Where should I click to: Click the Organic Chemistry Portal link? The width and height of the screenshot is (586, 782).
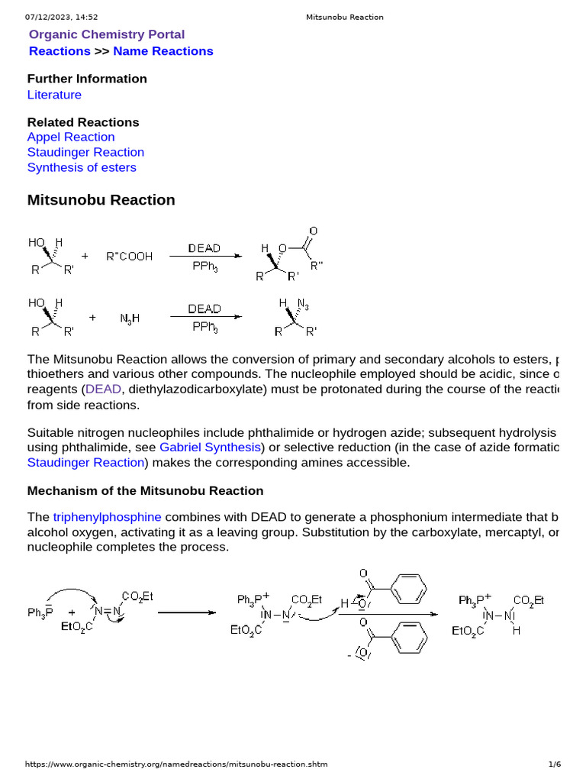[x=106, y=34]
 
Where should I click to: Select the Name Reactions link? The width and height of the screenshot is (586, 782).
[x=163, y=51]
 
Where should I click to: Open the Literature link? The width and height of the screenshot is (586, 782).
[x=54, y=95]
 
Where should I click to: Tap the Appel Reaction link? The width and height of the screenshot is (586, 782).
[x=71, y=137]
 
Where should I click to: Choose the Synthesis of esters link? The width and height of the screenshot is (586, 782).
[x=82, y=167]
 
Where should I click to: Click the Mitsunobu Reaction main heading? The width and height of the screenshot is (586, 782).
[x=101, y=200]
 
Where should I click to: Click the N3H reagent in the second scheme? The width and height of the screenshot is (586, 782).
[x=130, y=317]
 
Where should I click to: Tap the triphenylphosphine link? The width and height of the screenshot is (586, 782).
[x=107, y=517]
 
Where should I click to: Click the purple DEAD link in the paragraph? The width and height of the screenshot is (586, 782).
[x=103, y=389]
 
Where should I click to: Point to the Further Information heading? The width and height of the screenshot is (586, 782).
[x=87, y=79]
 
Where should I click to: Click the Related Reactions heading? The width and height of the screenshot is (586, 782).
[x=83, y=122]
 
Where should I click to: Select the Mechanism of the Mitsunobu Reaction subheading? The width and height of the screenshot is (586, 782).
[x=145, y=490]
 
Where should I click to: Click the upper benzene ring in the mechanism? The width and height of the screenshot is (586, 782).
[x=411, y=588]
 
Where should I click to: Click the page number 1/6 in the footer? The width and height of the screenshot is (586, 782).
[x=555, y=764]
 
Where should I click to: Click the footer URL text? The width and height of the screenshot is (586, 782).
[x=176, y=764]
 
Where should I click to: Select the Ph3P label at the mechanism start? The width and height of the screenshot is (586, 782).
[x=40, y=612]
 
